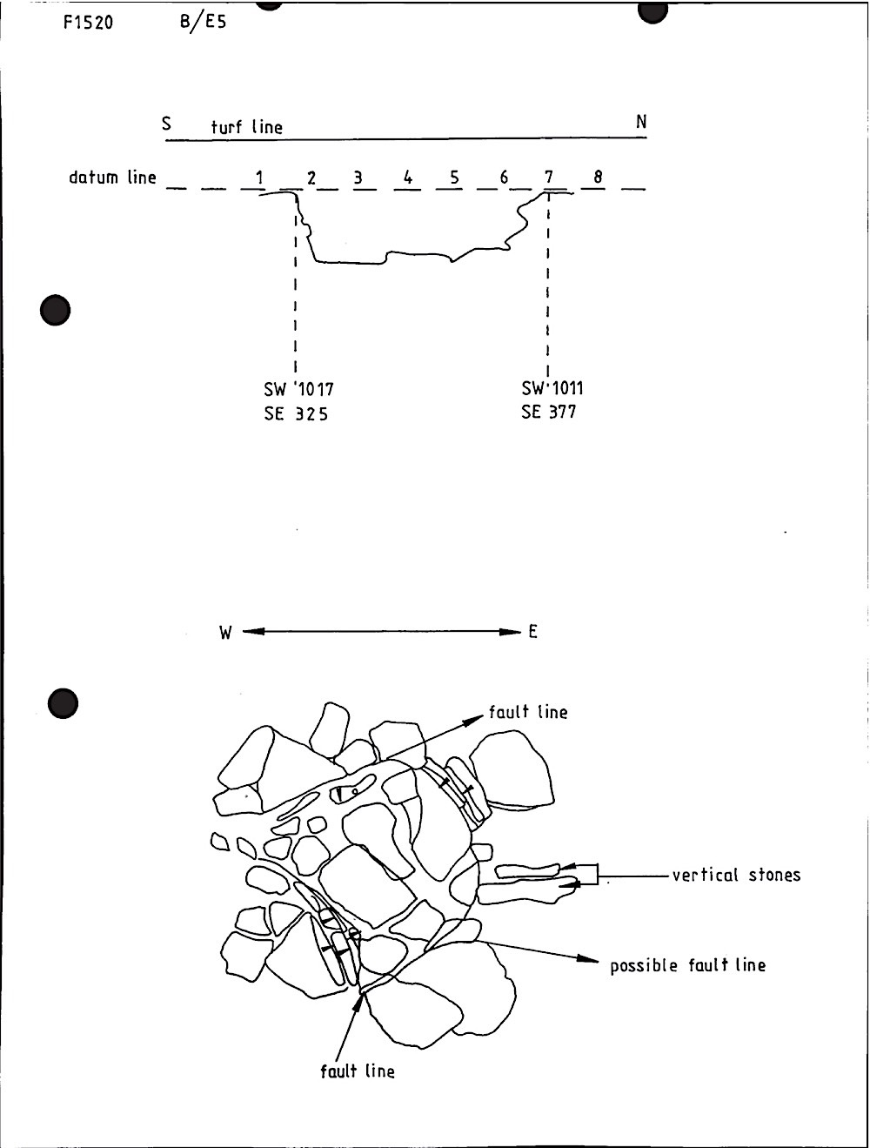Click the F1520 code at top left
(x=88, y=23)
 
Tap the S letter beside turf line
(x=167, y=124)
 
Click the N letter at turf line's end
(x=641, y=123)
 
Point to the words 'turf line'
(x=247, y=127)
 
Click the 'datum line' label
(x=112, y=178)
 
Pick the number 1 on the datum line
(x=259, y=178)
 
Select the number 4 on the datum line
(x=407, y=178)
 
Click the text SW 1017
(x=298, y=389)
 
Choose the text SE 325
(x=296, y=414)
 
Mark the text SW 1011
(x=552, y=388)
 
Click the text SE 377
(x=548, y=412)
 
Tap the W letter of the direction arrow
(x=225, y=633)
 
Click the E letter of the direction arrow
(x=532, y=632)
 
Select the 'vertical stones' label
(x=735, y=875)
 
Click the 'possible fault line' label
(x=687, y=965)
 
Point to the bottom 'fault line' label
(x=357, y=1071)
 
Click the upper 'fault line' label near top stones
(x=527, y=712)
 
